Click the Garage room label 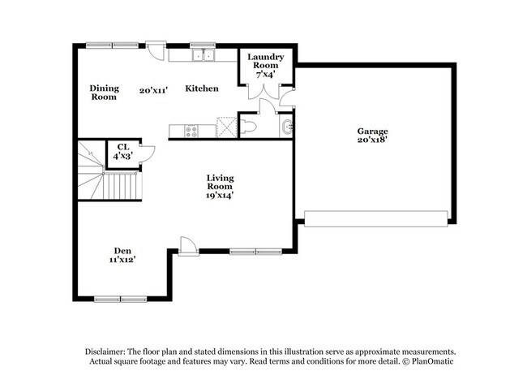(x=373, y=131)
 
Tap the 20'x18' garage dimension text (x=373, y=140)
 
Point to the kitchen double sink (x=203, y=55)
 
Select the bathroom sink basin (x=287, y=127)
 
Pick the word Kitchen (x=201, y=88)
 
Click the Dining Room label (x=105, y=92)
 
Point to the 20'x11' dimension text (x=152, y=91)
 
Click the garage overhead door (x=375, y=218)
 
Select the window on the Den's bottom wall (x=120, y=299)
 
